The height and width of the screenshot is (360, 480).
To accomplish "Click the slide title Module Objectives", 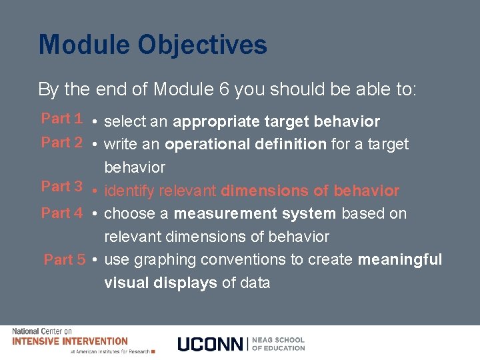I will (x=153, y=45).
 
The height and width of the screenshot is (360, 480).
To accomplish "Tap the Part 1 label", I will (x=61, y=119).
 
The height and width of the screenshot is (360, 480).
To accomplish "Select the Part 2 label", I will (x=61, y=142).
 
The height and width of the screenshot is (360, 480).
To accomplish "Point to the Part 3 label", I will (x=61, y=187).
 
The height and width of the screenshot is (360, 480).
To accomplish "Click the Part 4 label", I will (x=61, y=213).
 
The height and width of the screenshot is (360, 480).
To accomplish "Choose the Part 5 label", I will (x=64, y=260).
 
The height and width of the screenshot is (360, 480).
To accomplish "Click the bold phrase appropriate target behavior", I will (x=276, y=122).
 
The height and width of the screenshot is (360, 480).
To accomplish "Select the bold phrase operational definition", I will (x=245, y=144).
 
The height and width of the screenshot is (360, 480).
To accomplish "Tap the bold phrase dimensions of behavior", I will (x=310, y=191).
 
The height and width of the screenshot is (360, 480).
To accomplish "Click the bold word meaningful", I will (x=400, y=259).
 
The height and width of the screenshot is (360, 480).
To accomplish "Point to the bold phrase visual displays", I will (x=160, y=283).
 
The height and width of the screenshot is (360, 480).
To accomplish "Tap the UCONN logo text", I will (x=211, y=344).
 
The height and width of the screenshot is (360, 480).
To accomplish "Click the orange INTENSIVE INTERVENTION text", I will (x=70, y=341).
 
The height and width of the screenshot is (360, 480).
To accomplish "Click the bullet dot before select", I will (x=97, y=123).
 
